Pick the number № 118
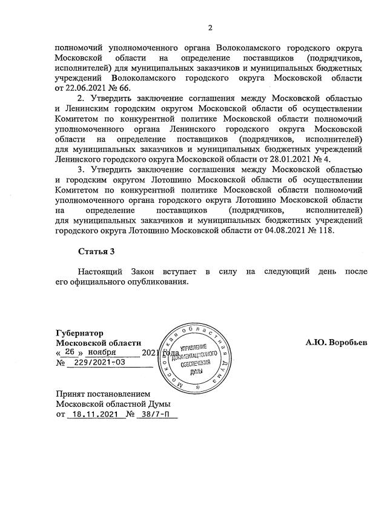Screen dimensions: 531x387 (x=319, y=231)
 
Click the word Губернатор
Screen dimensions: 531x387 (x=79, y=333)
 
